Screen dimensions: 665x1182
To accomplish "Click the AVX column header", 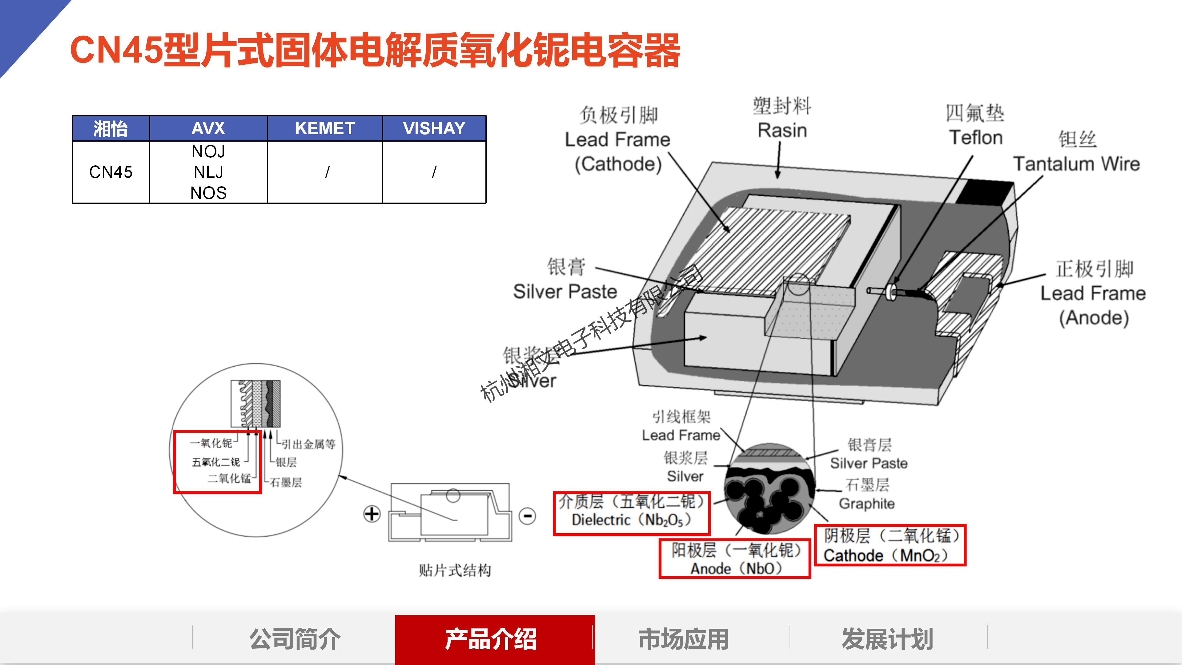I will (208, 128).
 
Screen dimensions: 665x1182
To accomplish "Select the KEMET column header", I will (324, 128).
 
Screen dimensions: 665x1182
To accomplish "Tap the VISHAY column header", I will (434, 128).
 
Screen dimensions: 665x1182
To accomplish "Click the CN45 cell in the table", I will (111, 172).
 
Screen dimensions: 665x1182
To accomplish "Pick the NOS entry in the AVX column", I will (208, 193).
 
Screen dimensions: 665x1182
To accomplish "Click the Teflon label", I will (975, 137).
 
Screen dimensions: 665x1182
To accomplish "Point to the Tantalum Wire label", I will (1076, 163).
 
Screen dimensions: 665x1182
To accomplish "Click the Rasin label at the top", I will (782, 130).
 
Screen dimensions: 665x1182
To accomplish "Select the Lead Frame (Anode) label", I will (1093, 305).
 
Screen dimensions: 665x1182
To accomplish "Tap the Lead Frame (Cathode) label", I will (617, 151).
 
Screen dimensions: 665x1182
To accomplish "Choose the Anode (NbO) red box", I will (735, 558).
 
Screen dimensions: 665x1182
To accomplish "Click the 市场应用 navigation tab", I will (683, 639).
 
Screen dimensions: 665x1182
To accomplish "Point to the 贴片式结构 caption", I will (454, 570).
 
